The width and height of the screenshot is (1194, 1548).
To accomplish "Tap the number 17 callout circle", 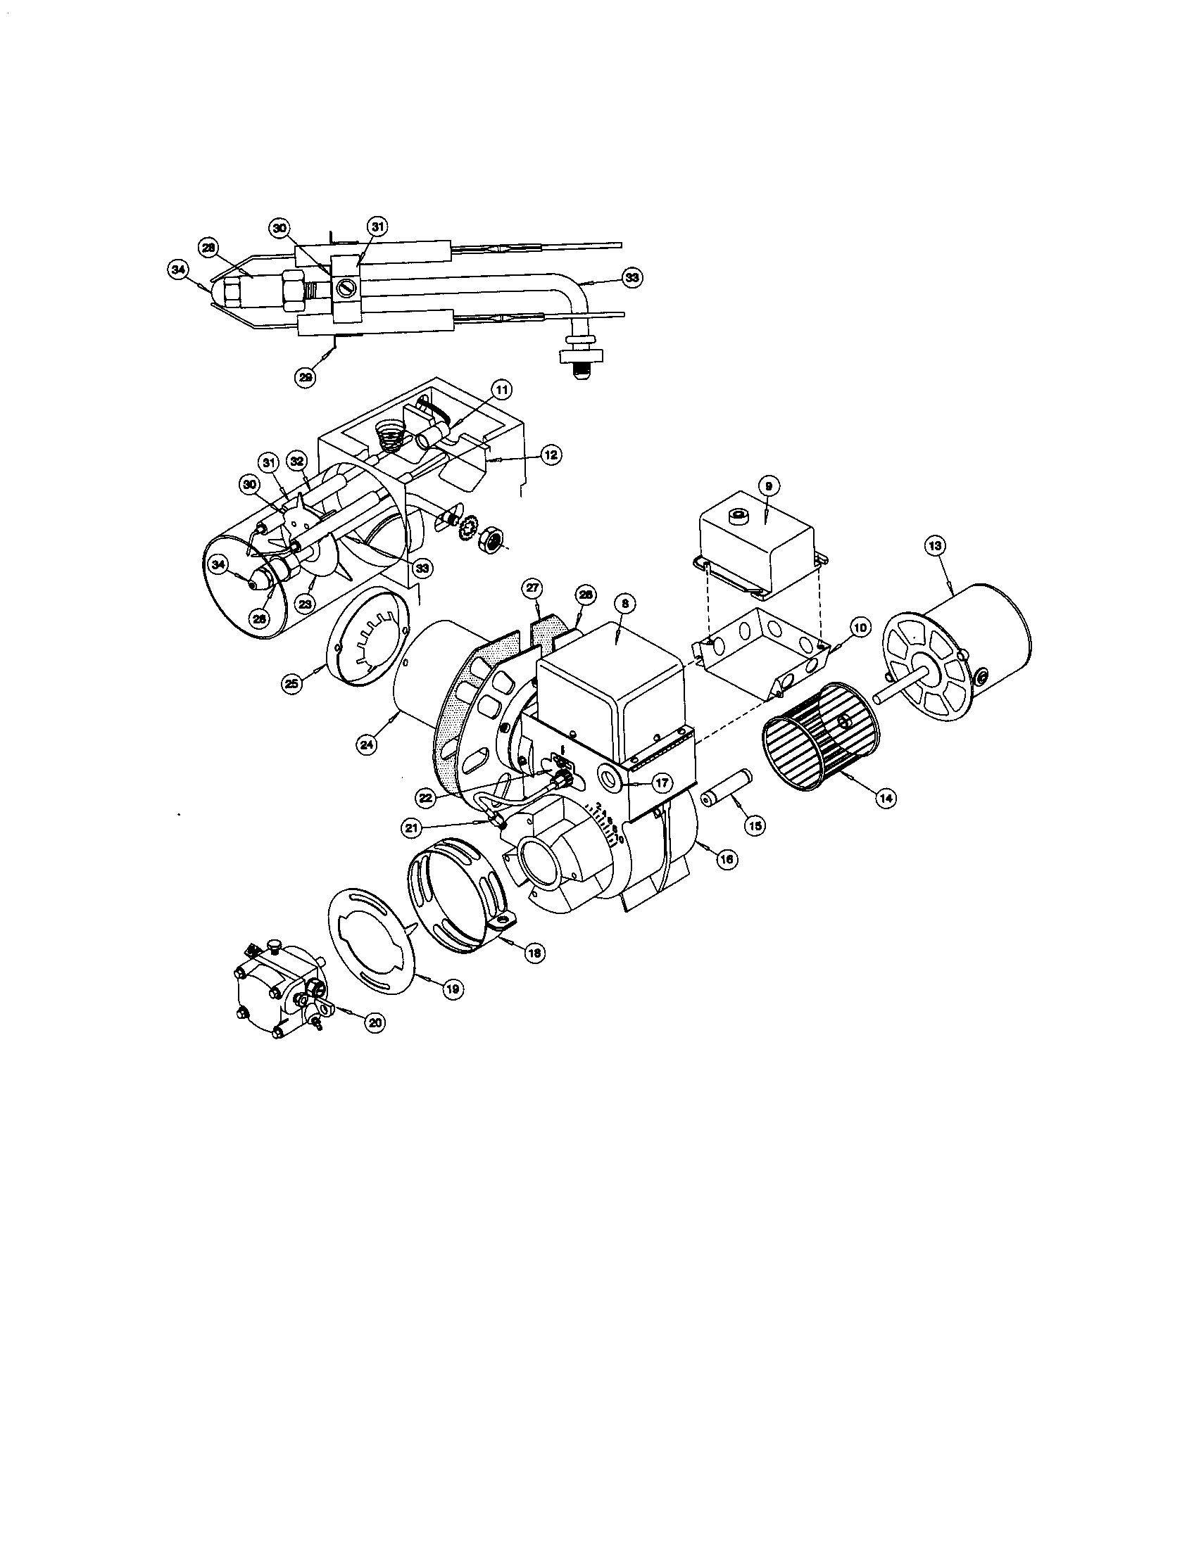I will (x=662, y=784).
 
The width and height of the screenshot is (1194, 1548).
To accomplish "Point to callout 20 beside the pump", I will (x=375, y=1022).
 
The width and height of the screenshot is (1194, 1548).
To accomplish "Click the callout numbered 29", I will (x=305, y=378).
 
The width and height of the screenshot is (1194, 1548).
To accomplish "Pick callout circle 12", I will (x=552, y=455).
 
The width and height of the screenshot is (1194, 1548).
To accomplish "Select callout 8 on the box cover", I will (x=624, y=604).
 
